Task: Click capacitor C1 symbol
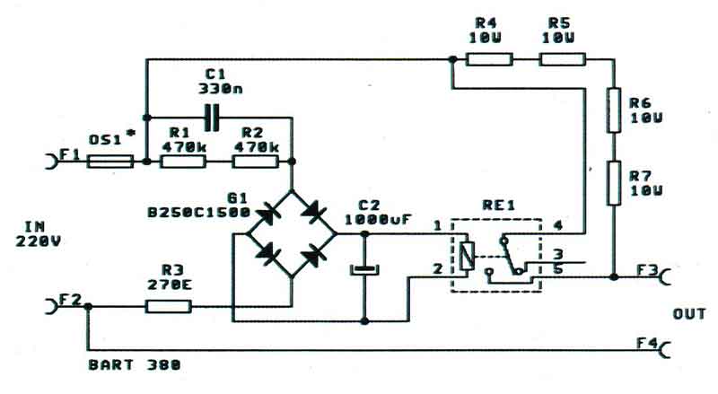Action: (x=211, y=117)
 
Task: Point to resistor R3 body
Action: (x=168, y=306)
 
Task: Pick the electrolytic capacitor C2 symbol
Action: (x=364, y=268)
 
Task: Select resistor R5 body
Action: (x=563, y=60)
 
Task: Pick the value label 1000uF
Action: (x=378, y=218)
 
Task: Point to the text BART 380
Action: (x=135, y=365)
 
